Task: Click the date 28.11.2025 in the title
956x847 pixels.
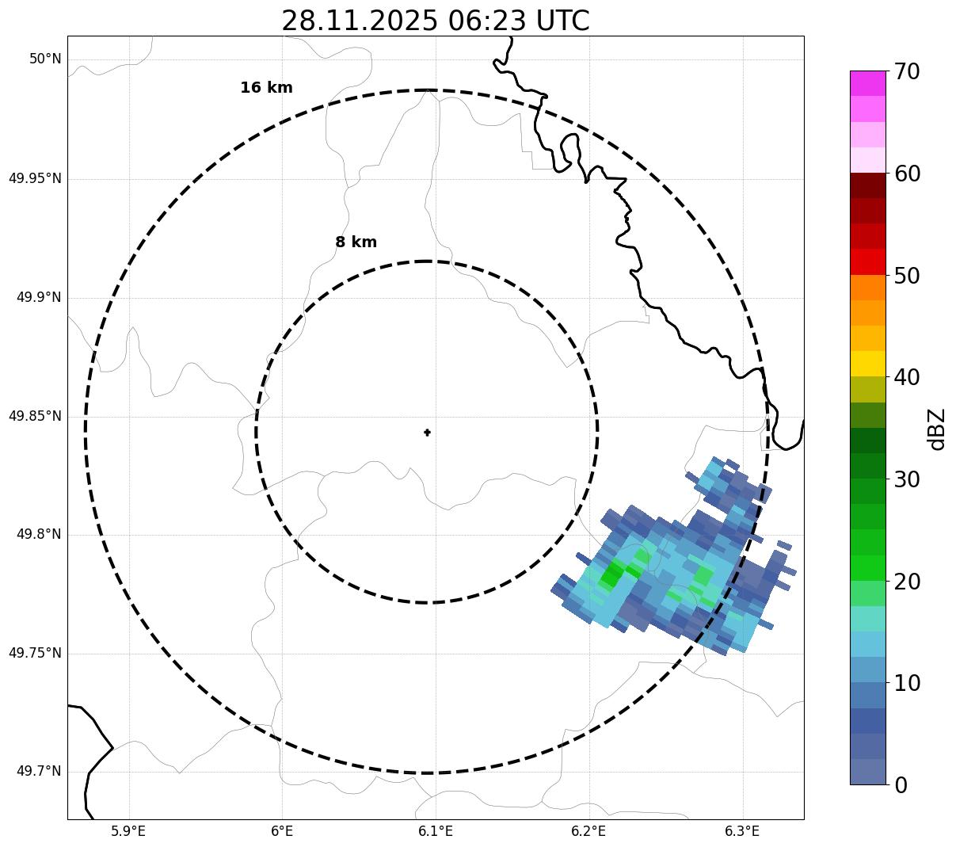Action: coord(359,21)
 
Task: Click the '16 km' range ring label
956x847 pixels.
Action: coord(266,88)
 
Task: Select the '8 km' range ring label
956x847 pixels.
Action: coord(356,242)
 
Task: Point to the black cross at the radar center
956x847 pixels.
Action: coord(428,433)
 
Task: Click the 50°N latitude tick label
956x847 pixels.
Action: coord(45,59)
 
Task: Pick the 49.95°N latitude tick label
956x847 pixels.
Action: coord(35,178)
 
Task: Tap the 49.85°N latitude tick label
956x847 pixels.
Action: coord(35,416)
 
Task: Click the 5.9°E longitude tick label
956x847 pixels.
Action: coord(128,831)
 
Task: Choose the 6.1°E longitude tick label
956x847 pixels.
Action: coord(436,831)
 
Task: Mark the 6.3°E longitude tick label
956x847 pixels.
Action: coord(742,831)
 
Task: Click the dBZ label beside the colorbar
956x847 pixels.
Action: coord(937,429)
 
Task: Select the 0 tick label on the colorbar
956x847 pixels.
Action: coord(901,785)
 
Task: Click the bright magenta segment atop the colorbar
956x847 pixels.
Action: coord(867,83)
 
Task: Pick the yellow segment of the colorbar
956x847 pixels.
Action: coord(867,364)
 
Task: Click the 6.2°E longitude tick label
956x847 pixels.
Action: coord(588,831)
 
